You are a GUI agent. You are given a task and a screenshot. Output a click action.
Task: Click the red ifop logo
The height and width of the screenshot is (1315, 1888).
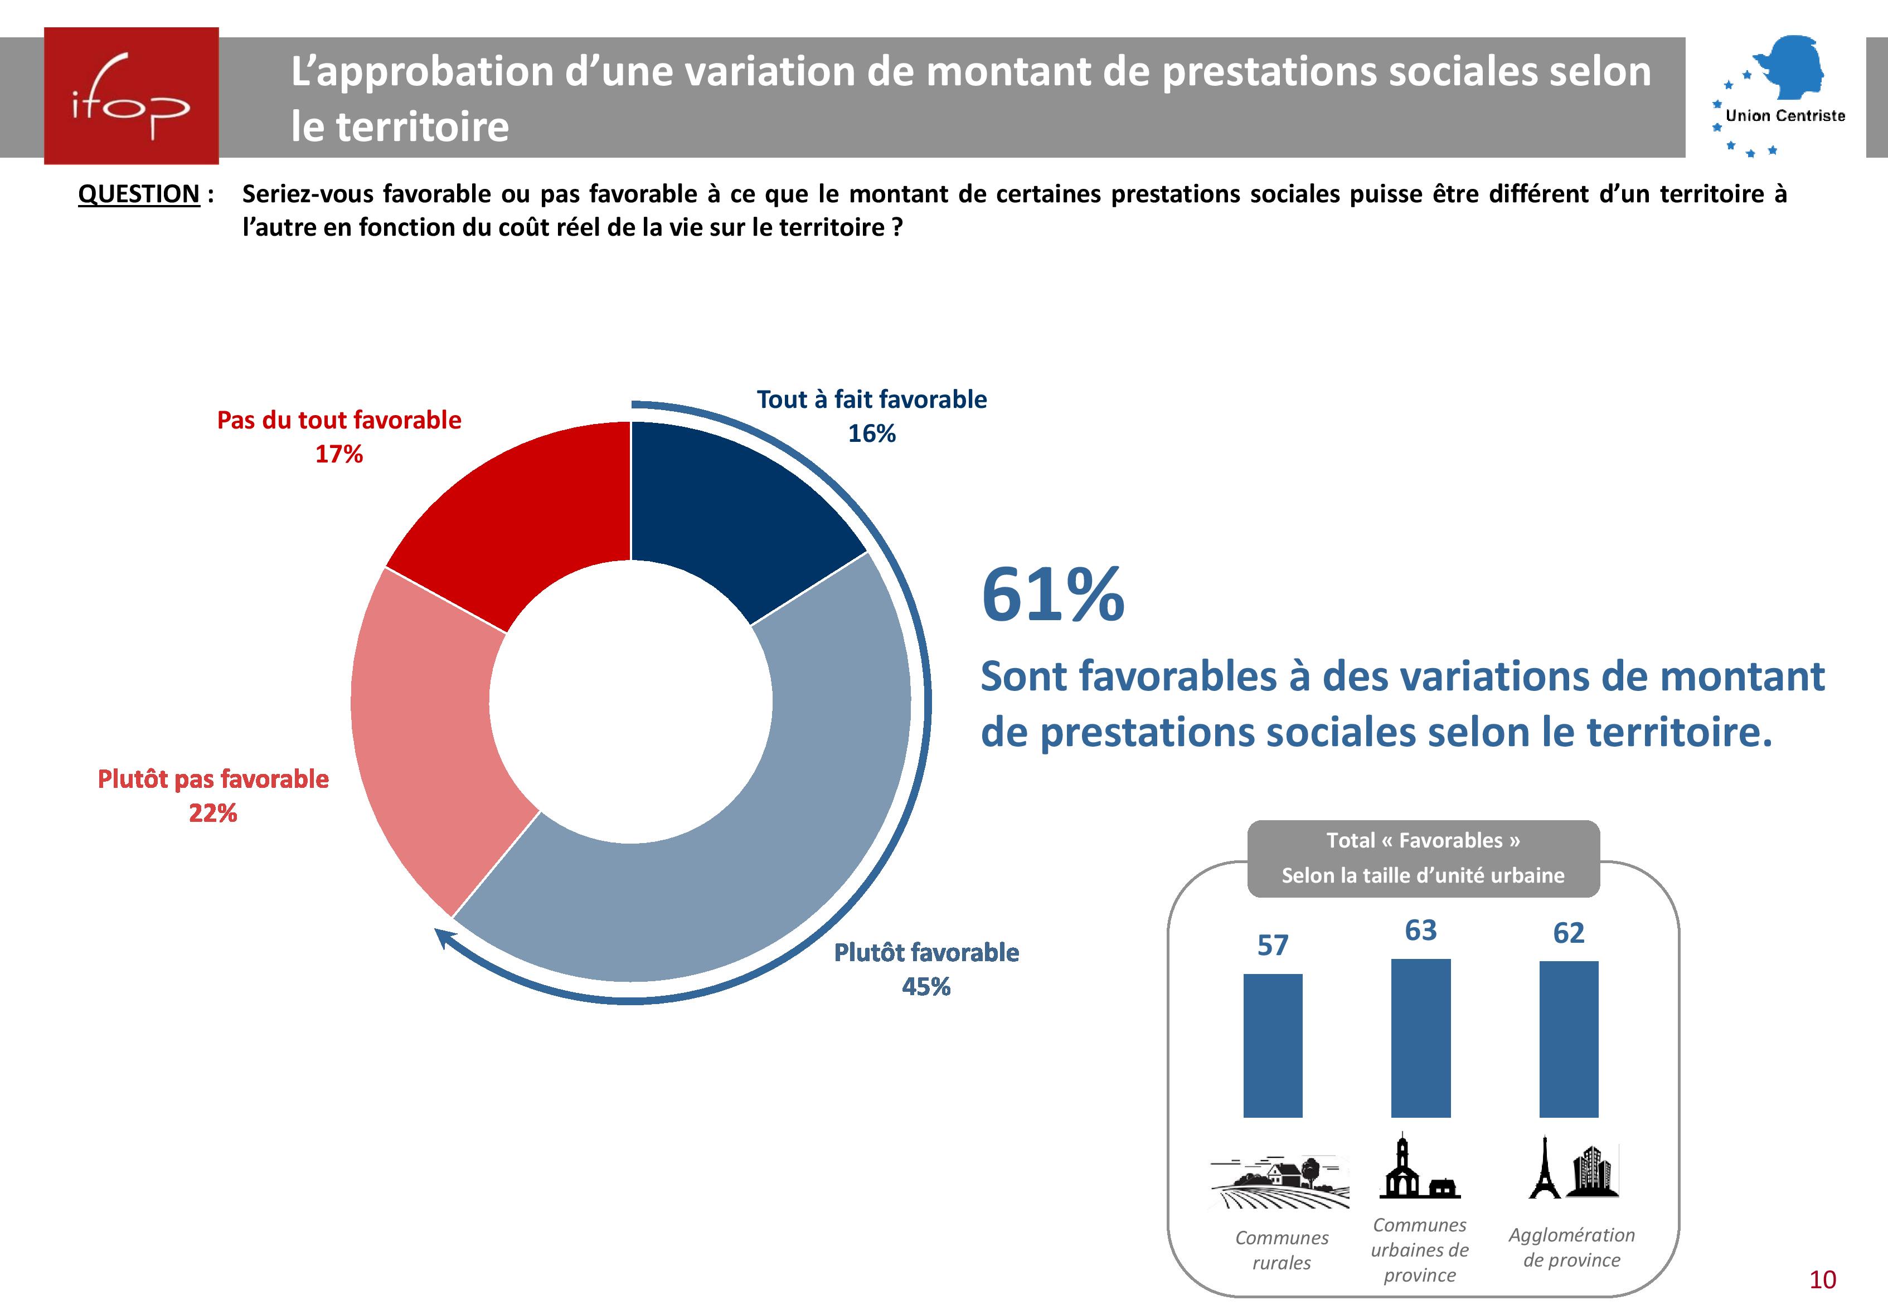pos(132,96)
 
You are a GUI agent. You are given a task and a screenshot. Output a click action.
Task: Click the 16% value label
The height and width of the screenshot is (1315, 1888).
pos(872,433)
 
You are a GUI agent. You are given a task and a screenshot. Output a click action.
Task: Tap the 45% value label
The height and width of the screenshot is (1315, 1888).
pos(926,986)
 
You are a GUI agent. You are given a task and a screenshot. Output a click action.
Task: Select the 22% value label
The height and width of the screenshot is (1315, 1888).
pos(213,813)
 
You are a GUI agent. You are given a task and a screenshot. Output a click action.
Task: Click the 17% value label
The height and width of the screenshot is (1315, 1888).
pos(339,454)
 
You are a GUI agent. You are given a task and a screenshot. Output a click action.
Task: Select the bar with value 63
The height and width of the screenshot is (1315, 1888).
pos(1420,1038)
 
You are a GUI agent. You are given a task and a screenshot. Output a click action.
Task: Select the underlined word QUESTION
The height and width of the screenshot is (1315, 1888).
pos(138,194)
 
